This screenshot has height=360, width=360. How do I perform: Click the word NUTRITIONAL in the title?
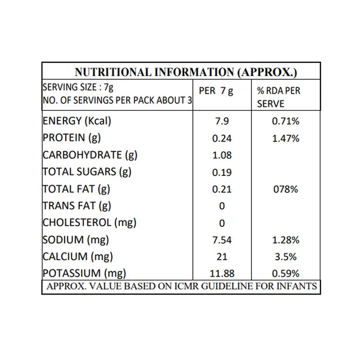tap(113, 72)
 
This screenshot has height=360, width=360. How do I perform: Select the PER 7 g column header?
tap(216, 91)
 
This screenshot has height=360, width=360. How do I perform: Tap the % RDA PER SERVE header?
tap(279, 97)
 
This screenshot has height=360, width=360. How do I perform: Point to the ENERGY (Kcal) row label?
tap(77, 121)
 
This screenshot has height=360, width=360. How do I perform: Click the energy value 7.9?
tap(222, 121)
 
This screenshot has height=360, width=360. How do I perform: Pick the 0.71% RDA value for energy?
tap(285, 121)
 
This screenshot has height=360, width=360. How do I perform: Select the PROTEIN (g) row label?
tap(71, 138)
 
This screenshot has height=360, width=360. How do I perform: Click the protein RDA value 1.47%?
tap(285, 138)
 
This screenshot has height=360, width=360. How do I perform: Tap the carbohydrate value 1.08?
tap(222, 155)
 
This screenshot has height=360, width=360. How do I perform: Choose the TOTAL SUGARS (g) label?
tap(87, 172)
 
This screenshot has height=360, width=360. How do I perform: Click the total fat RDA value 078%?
tap(285, 189)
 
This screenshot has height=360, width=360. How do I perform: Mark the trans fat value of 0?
tap(222, 206)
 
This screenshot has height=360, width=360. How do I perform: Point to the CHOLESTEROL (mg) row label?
tap(89, 223)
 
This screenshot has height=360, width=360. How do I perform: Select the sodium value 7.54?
tap(222, 240)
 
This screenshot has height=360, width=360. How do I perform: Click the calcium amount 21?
tap(222, 257)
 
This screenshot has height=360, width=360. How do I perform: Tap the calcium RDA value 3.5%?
tap(285, 257)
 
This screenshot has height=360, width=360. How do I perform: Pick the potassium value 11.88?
tap(222, 274)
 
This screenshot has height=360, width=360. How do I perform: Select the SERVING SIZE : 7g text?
tap(78, 87)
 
